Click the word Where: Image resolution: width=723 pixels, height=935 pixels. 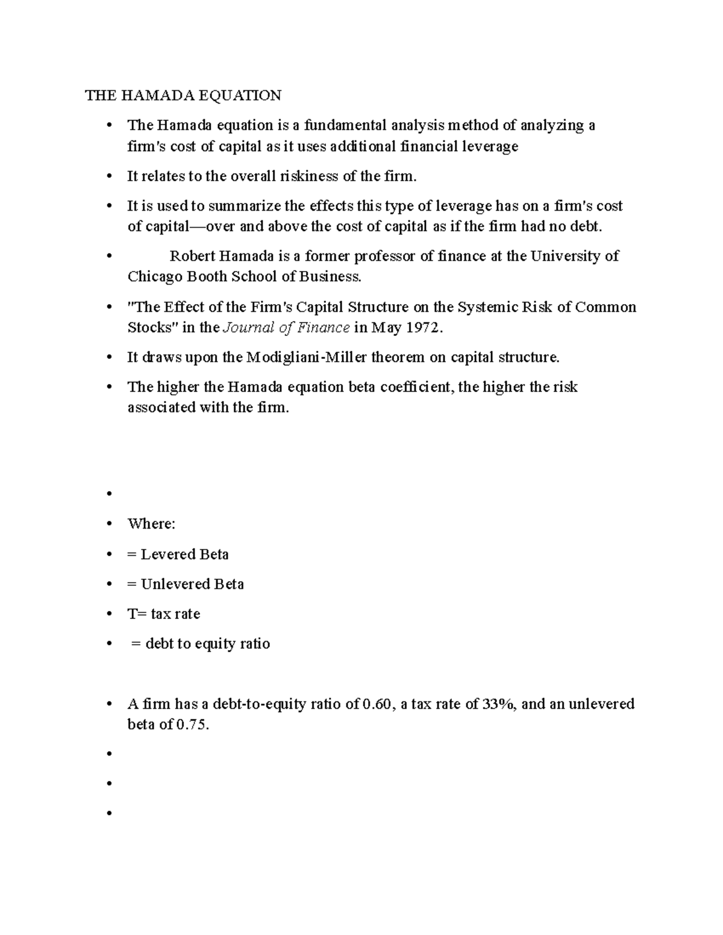(x=151, y=524)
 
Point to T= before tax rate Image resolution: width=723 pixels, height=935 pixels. (x=137, y=614)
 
